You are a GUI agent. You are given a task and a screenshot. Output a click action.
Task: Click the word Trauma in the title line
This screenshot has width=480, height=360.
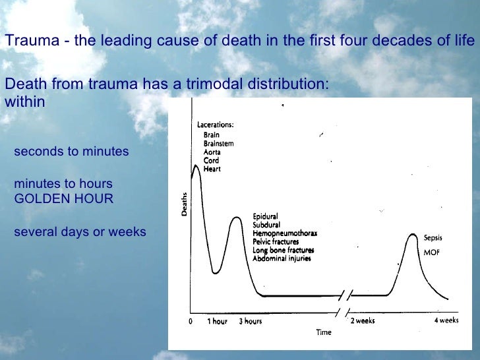[25, 41]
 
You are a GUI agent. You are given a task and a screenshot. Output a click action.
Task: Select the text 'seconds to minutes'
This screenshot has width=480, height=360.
[71, 152]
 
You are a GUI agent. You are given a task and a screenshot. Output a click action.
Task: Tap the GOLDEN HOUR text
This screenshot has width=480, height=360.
[63, 198]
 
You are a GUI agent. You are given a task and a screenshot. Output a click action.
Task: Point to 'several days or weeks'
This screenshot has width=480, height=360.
[80, 232]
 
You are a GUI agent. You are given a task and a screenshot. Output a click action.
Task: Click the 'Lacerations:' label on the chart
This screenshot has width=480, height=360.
[215, 125]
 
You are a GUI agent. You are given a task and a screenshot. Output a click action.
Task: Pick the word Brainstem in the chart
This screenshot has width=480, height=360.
[218, 143]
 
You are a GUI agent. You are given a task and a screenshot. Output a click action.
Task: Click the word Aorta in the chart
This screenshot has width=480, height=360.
[212, 152]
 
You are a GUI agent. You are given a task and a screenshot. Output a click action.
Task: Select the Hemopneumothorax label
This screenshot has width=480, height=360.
[285, 233]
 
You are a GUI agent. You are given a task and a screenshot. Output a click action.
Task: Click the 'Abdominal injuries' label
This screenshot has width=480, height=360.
[282, 258]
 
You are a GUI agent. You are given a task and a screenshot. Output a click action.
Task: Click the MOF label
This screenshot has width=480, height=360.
[432, 253]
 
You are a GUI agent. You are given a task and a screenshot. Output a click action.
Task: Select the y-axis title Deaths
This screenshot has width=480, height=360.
[184, 205]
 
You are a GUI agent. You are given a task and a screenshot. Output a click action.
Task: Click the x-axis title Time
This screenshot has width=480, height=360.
[323, 332]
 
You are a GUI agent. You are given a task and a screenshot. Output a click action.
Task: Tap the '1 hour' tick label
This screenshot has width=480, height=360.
[218, 321]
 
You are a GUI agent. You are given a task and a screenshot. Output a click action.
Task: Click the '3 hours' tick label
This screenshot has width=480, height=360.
[250, 321]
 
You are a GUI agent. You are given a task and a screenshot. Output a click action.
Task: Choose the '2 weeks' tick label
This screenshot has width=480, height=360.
[363, 320]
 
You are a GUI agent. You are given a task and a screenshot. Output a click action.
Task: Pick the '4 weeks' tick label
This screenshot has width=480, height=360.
[446, 320]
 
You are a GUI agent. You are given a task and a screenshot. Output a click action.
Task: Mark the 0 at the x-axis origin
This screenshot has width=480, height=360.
[190, 321]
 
